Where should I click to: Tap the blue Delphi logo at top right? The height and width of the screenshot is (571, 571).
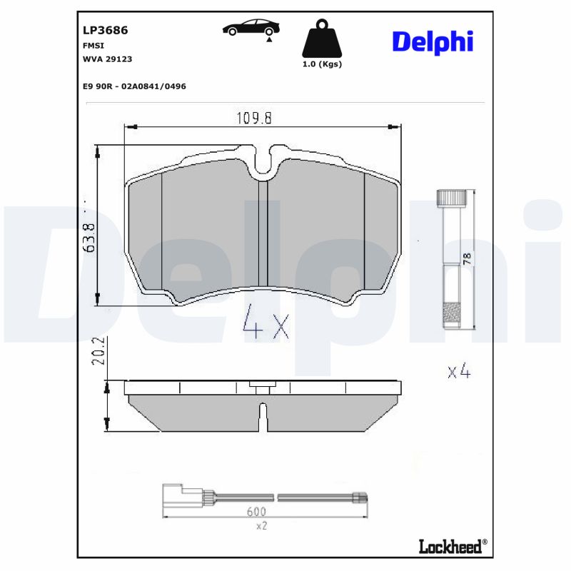433,41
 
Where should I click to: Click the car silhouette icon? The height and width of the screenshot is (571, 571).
251,28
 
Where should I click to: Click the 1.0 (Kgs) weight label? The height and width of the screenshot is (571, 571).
323,64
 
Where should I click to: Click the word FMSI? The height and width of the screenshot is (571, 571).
94,45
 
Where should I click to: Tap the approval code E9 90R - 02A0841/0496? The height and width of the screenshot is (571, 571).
134,86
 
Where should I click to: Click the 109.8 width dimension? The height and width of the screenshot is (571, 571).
254,118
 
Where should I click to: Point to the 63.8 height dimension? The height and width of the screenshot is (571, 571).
89,237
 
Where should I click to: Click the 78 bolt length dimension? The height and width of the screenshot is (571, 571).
468,258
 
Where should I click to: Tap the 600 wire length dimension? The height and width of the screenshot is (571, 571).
256,512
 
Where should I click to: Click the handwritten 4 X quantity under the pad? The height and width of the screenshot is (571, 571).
266,323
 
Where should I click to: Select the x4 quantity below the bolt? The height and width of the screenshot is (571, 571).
458,371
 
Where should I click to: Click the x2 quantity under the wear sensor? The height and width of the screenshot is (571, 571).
261,525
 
